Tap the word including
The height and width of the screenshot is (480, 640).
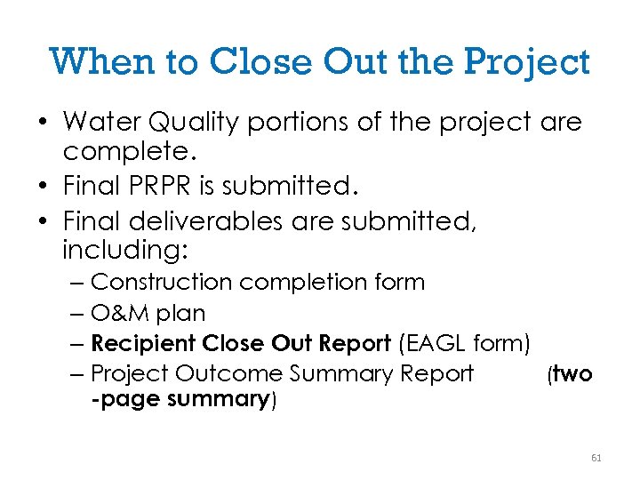tap(124, 252)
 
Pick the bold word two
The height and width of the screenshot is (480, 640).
tap(572, 374)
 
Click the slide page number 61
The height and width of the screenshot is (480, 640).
tap(596, 458)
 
